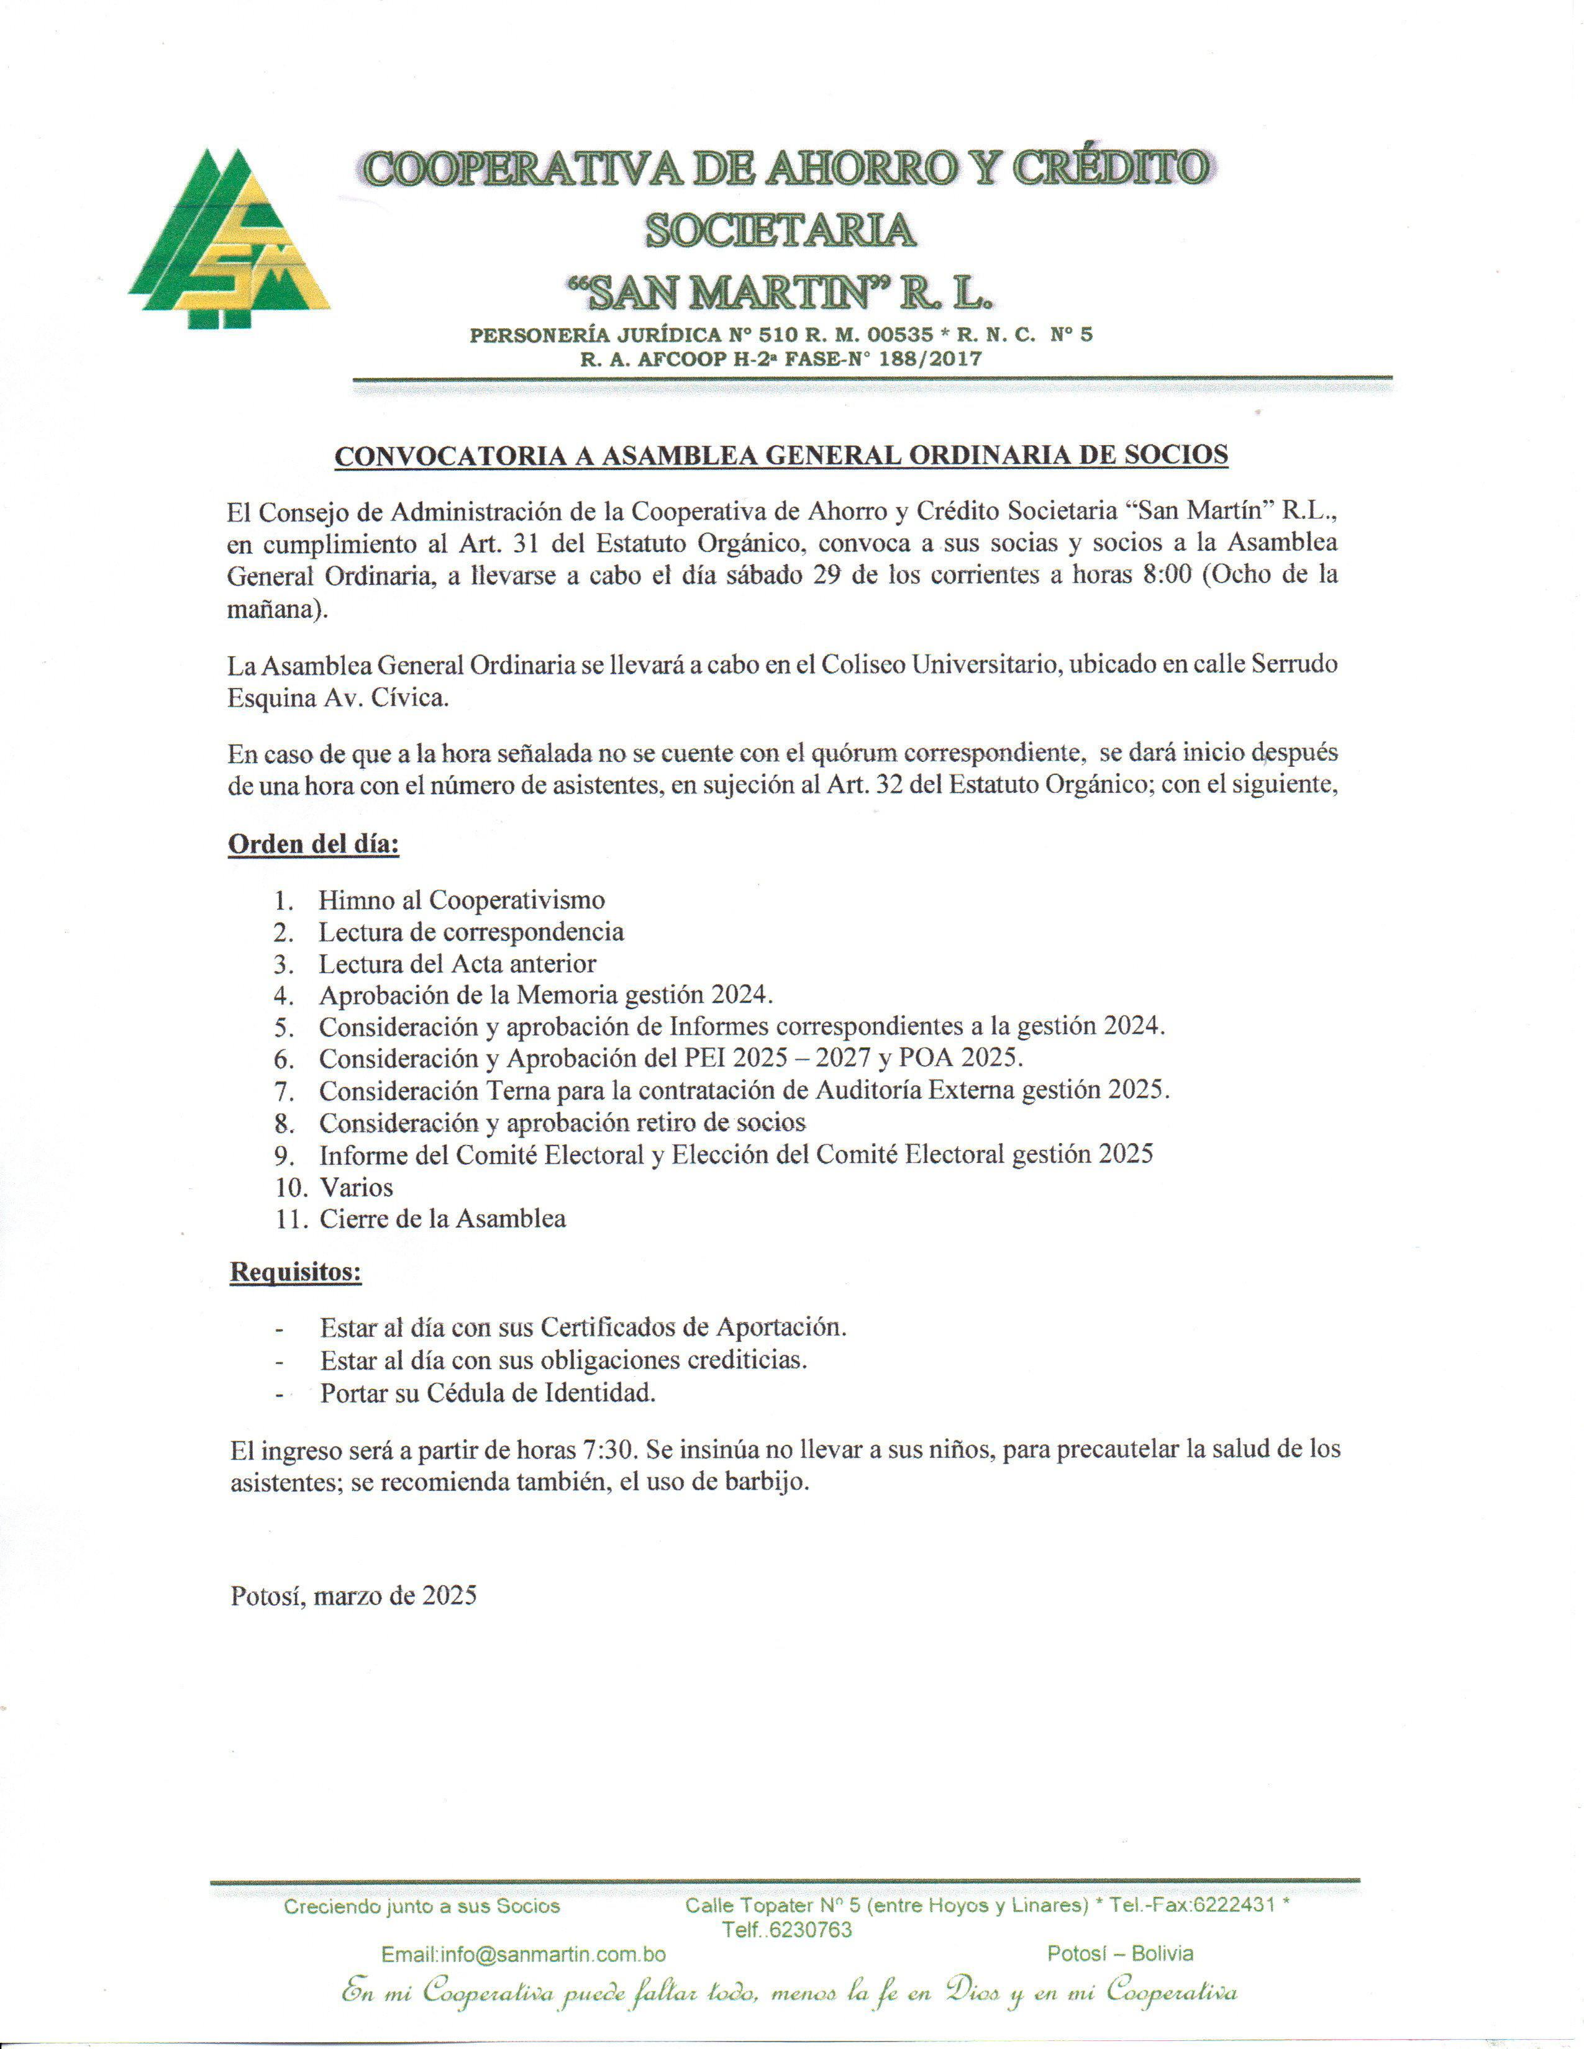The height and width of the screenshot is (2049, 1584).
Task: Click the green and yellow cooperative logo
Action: point(229,239)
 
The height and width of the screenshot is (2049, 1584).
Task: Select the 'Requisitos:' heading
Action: point(296,1272)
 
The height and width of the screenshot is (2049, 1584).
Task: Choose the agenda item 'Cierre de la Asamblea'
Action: point(442,1219)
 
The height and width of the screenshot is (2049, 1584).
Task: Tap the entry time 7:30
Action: point(611,1449)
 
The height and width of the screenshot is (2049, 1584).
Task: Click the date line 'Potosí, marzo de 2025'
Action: point(354,1595)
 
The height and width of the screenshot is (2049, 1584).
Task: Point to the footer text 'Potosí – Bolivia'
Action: point(1121,1953)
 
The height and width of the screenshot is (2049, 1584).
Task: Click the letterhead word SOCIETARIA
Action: point(780,230)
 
